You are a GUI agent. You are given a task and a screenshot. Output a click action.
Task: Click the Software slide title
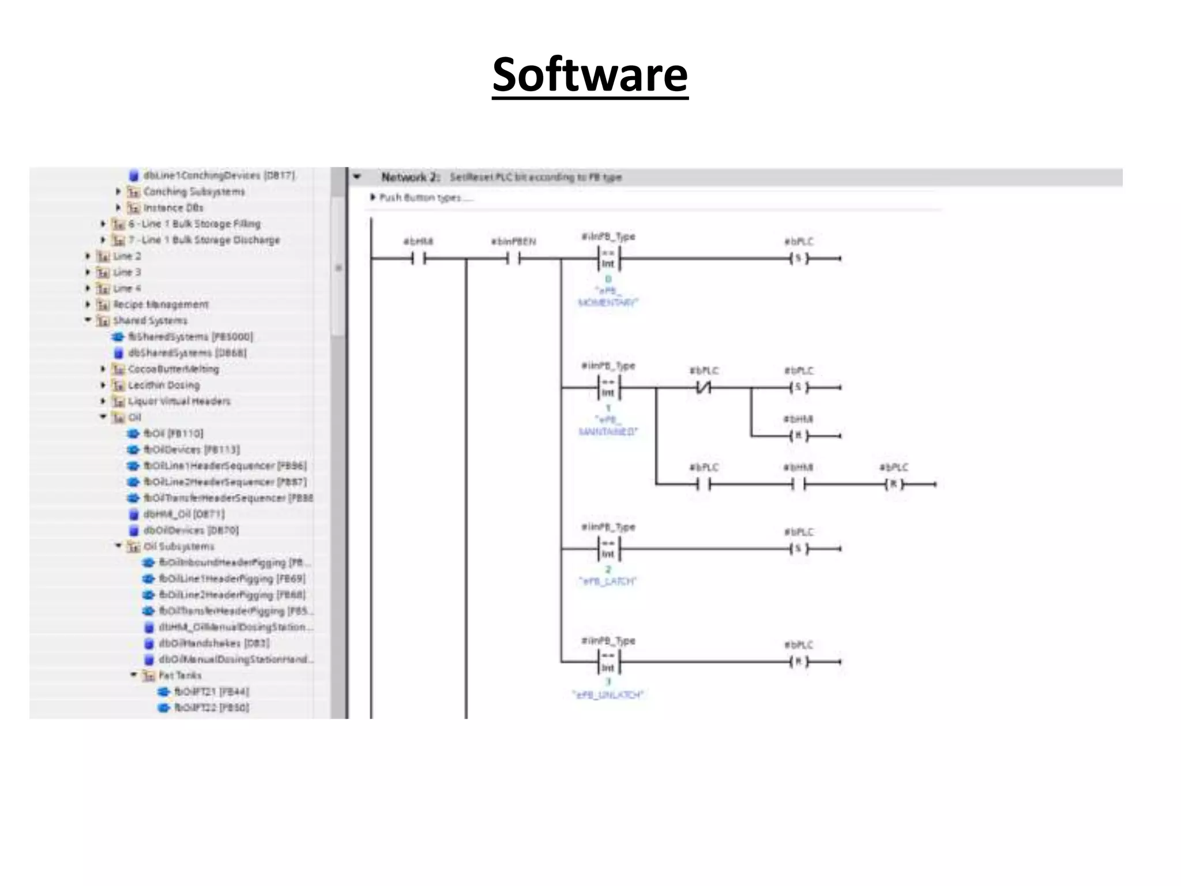(590, 75)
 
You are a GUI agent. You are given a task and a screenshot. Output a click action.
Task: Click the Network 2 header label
(411, 177)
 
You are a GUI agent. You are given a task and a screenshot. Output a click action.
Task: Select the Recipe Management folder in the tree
(160, 305)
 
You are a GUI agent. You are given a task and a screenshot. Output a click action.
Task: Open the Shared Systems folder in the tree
(150, 321)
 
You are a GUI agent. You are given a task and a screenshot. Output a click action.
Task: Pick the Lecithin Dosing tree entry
(164, 385)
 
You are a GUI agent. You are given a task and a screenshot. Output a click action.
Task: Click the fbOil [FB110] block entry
(173, 434)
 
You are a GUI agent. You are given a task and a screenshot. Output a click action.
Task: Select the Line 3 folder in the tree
(127, 272)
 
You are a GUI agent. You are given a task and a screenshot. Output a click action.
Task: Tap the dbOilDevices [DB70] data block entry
(190, 530)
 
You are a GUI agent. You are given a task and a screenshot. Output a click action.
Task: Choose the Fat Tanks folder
(179, 675)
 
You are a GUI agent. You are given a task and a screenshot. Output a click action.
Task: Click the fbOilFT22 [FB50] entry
(212, 708)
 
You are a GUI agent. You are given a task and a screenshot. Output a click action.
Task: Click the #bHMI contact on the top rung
(419, 259)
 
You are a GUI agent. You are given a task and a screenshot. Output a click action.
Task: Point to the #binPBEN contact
(513, 259)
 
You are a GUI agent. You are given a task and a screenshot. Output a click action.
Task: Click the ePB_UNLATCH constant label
(608, 695)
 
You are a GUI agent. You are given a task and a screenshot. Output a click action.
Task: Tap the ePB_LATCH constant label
(608, 581)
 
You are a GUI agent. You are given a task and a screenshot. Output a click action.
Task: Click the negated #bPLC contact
(704, 388)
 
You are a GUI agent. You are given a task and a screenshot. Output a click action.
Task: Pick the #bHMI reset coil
(799, 436)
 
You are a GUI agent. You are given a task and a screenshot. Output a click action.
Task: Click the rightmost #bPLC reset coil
(894, 485)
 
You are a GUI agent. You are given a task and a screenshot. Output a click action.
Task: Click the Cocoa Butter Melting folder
(173, 369)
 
